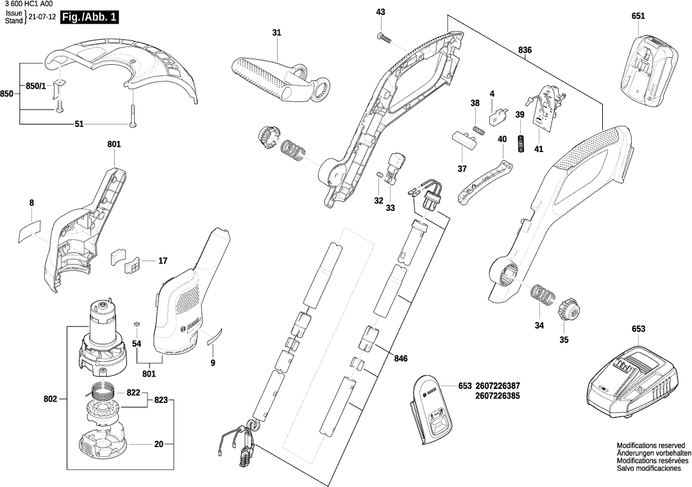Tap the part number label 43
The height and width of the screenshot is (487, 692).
coord(380,12)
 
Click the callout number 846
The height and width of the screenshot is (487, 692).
coord(401,359)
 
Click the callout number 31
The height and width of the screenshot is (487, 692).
coord(276,33)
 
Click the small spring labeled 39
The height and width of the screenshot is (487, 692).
coord(521,143)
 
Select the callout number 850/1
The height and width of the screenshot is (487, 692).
coord(35,86)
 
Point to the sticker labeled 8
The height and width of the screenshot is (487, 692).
coord(29,228)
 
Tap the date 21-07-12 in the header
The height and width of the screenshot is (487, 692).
coord(42,17)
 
